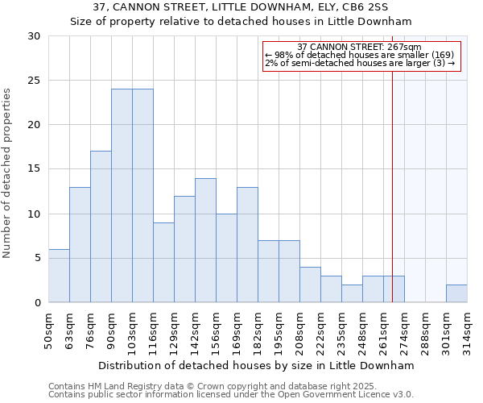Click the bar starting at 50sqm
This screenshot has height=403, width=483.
click(59, 276)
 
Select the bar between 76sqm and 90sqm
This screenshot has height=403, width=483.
click(101, 226)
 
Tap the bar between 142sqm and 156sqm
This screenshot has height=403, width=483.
click(205, 240)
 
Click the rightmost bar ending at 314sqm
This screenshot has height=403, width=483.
click(456, 293)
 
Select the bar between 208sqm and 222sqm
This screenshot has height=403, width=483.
click(310, 285)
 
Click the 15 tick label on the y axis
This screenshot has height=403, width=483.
click(35, 169)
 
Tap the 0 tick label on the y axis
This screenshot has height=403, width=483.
click(37, 303)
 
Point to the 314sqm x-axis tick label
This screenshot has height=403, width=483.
click(467, 330)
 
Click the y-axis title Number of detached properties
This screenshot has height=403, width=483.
click(8, 173)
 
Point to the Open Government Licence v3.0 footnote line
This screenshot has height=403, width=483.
click(231, 395)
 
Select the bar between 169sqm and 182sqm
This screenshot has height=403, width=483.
click(247, 245)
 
